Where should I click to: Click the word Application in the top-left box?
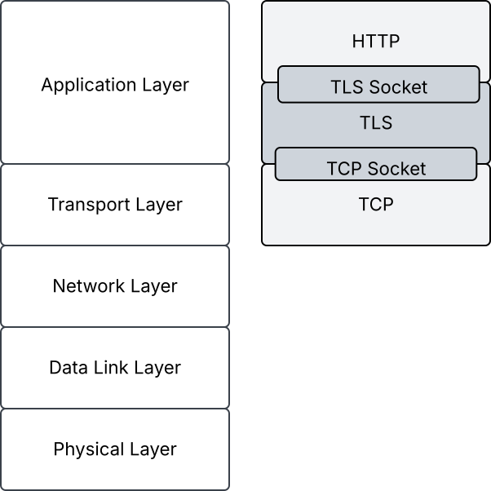(89, 85)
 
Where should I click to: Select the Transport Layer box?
(115, 205)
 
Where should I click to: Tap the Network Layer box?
(115, 286)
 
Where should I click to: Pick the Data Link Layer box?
(115, 368)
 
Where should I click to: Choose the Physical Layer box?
(115, 449)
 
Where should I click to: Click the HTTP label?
(376, 41)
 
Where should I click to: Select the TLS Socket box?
(378, 84)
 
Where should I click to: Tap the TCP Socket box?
(376, 164)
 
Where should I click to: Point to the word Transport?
(89, 205)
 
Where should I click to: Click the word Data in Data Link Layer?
(69, 367)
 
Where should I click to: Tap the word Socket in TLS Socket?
(398, 86)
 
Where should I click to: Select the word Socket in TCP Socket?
(396, 169)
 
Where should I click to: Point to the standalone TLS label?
(376, 122)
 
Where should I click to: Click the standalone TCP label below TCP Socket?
(376, 204)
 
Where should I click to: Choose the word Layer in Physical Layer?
(153, 449)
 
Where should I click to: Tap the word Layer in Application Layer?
(166, 85)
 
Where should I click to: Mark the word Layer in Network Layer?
(154, 286)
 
